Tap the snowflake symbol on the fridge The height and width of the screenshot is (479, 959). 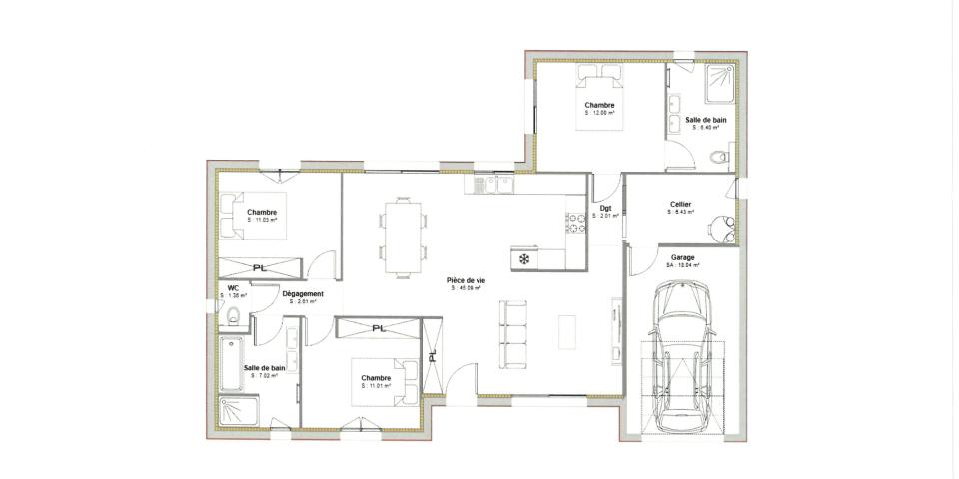pyautogui.click(x=523, y=258)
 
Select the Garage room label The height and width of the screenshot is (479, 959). pyautogui.click(x=683, y=257)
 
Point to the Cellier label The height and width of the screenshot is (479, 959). pyautogui.click(x=681, y=205)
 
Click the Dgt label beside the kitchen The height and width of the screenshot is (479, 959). pyautogui.click(x=605, y=208)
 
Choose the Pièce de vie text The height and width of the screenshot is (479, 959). pyautogui.click(x=466, y=281)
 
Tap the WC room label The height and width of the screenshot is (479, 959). pyautogui.click(x=232, y=287)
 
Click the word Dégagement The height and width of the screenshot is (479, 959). pyautogui.click(x=302, y=294)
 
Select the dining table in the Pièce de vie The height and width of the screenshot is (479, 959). pyautogui.click(x=404, y=237)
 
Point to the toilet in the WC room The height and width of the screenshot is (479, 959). pyautogui.click(x=231, y=316)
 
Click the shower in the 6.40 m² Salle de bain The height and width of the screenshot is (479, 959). pyautogui.click(x=718, y=85)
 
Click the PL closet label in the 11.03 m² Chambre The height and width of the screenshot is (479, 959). pyautogui.click(x=259, y=267)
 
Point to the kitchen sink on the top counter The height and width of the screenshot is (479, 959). pyautogui.click(x=492, y=184)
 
